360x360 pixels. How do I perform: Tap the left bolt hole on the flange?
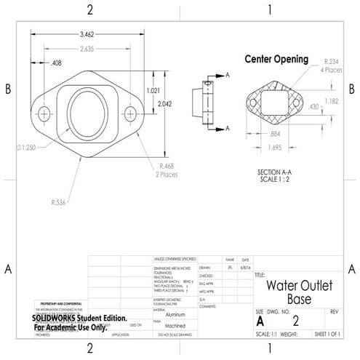(x=44, y=114)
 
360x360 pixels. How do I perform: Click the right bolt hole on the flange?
(x=130, y=114)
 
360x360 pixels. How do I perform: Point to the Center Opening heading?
(x=276, y=59)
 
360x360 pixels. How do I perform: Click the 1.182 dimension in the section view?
(x=331, y=101)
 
